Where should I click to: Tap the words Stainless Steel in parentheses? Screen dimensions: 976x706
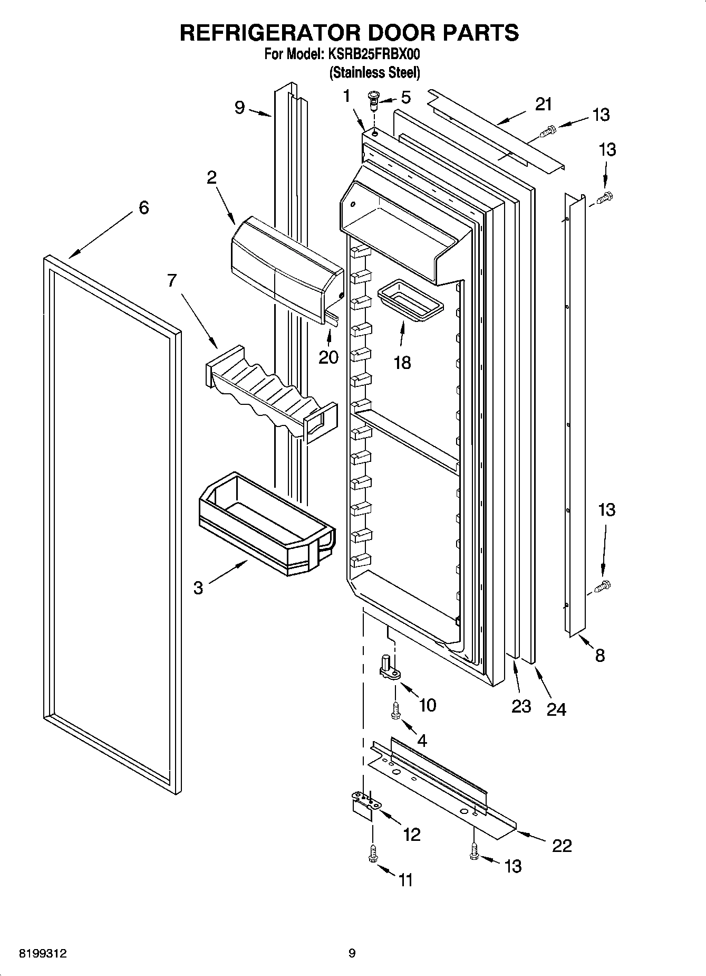click(374, 72)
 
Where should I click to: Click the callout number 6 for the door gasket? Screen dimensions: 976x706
click(143, 207)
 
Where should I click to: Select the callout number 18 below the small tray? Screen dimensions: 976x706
click(402, 363)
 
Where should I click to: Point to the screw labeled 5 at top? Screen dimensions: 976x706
click(374, 99)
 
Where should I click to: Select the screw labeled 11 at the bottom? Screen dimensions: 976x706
click(373, 854)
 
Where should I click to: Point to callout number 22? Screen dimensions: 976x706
click(562, 846)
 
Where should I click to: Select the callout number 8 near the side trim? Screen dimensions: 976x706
click(599, 656)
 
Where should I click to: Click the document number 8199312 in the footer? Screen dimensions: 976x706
click(43, 953)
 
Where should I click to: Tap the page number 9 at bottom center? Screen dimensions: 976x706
click(352, 953)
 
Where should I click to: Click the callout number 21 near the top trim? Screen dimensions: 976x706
click(544, 105)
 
